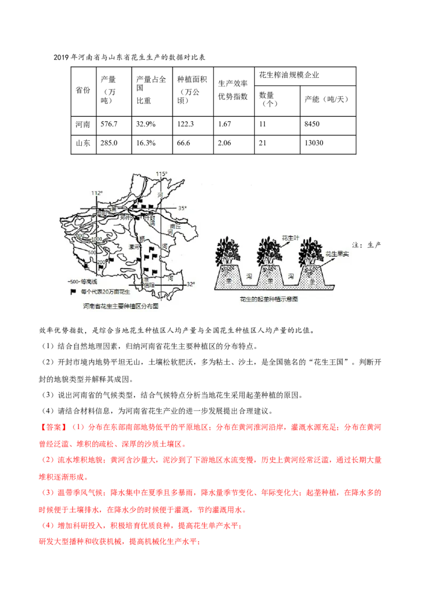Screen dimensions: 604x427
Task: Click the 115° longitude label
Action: (162, 174)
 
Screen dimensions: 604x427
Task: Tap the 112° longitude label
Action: (96, 193)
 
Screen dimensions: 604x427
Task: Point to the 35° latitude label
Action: (183, 208)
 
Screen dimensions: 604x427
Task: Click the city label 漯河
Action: (134, 247)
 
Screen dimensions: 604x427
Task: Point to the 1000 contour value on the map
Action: (97, 239)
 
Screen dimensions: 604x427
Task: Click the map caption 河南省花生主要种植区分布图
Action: (121, 307)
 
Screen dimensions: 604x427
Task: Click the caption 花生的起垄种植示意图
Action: (269, 299)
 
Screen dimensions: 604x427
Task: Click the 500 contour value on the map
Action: (92, 252)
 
